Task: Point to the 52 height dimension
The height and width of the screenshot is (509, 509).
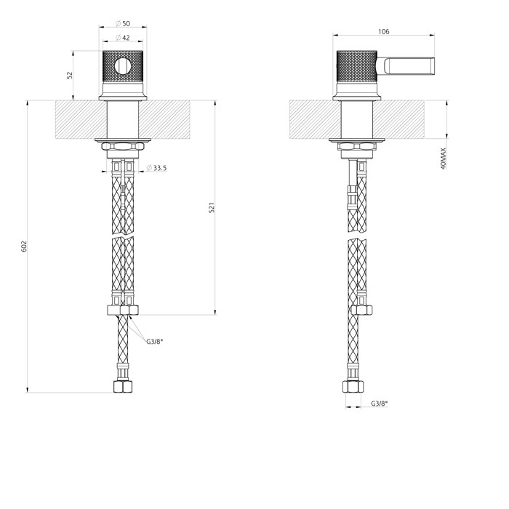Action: [70, 75]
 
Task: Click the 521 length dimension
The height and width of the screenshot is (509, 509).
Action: [212, 208]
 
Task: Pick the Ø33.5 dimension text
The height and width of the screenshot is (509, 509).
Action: [156, 168]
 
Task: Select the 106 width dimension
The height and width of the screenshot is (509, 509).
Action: [385, 32]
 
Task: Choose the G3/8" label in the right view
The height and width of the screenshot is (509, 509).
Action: [379, 404]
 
